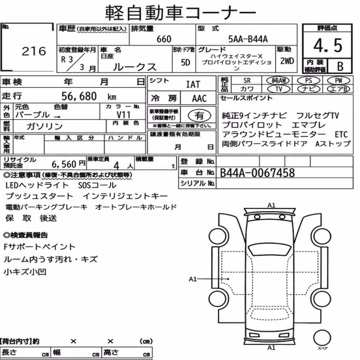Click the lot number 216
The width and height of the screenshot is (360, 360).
pos(34,51)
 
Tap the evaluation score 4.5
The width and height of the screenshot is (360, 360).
pos(328,45)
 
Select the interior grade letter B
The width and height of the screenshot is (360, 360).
pos(340,66)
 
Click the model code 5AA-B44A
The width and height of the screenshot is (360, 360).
pos(248,39)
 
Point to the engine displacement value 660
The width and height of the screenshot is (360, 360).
pos(164,39)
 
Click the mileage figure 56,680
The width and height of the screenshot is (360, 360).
pos(79,96)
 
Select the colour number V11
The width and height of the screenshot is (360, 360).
pos(123,114)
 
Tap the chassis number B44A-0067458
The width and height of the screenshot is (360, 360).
pos(257,173)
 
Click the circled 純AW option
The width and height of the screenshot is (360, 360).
pos(278,80)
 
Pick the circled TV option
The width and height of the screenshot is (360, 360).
pos(279,89)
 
